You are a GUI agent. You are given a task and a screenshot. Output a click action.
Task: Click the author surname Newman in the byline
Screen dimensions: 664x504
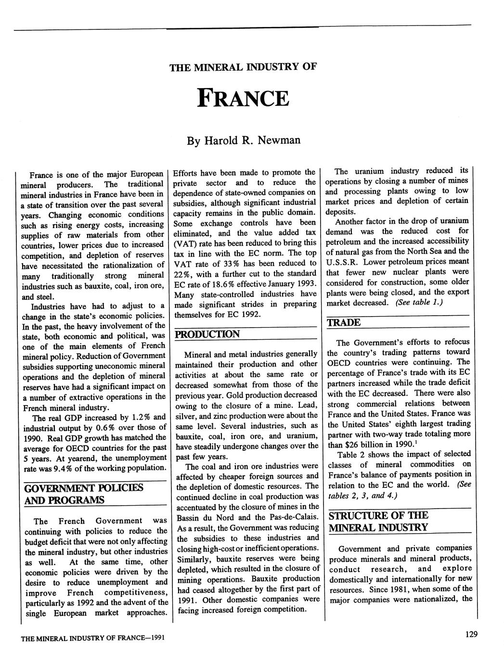tap(279, 140)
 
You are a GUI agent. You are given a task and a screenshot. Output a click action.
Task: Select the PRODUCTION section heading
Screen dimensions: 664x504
tap(207, 334)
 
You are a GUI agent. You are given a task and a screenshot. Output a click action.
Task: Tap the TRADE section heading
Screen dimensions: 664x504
tap(344, 322)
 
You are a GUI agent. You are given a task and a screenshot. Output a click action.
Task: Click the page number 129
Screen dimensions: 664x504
tap(471, 635)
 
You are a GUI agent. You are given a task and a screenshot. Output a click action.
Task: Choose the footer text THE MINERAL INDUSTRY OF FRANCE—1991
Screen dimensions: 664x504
tap(93, 638)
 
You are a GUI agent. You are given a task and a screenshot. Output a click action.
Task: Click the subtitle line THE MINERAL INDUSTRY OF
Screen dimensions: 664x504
tap(243, 67)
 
